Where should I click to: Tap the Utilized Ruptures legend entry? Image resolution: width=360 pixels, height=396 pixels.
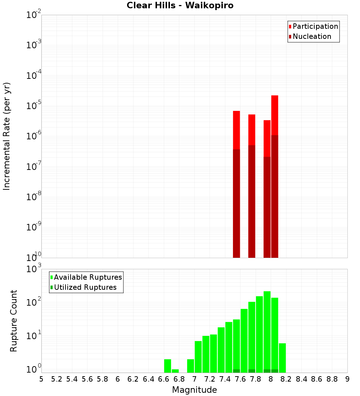tap(85, 287)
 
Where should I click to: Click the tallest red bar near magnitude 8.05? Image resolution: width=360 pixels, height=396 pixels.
tap(275, 115)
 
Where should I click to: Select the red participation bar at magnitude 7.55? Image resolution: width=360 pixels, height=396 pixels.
tap(237, 130)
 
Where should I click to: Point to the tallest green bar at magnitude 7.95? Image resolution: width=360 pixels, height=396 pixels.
tap(267, 331)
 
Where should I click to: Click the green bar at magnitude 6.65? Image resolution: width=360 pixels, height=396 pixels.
tap(167, 366)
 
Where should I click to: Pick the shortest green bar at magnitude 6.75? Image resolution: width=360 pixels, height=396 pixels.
tap(175, 371)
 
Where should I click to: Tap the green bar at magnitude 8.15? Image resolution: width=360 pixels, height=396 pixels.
tap(282, 358)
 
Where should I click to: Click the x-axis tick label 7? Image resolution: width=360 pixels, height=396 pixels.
tap(194, 379)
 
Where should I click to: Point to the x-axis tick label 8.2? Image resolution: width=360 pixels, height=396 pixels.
tap(286, 379)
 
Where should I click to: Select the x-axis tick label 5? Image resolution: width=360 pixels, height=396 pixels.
tap(41, 379)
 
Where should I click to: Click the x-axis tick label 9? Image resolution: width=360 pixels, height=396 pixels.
tap(347, 379)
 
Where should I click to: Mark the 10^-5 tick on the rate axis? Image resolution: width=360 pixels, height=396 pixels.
tap(33, 105)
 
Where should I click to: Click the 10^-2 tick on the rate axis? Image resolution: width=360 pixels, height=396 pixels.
tap(33, 15)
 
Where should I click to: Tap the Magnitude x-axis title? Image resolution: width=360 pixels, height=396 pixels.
tap(194, 390)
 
